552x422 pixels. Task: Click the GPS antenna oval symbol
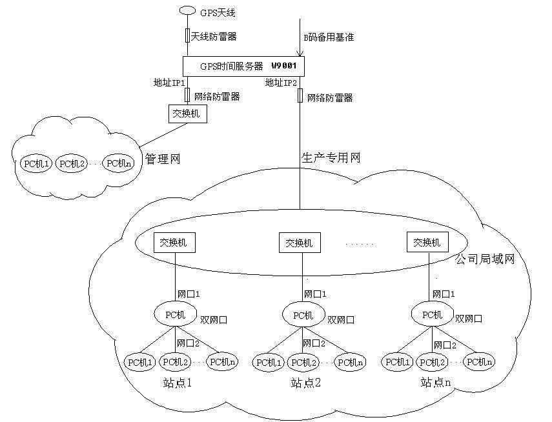click(187, 10)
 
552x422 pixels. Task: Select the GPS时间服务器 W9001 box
click(243, 66)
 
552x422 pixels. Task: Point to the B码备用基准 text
click(329, 37)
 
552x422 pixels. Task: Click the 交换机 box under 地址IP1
click(187, 114)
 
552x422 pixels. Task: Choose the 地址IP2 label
click(280, 83)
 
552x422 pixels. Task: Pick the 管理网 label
click(161, 158)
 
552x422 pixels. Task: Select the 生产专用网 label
click(331, 157)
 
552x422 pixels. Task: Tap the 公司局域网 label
click(485, 259)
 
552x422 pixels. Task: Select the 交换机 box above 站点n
click(427, 243)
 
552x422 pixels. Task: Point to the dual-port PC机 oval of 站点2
click(303, 315)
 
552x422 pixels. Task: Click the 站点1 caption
click(178, 383)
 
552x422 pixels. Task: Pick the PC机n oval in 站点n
click(480, 362)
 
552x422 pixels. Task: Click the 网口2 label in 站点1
click(188, 343)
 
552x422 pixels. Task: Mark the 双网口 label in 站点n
click(468, 318)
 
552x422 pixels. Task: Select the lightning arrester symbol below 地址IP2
click(300, 95)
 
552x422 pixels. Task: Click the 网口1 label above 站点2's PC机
click(315, 294)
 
